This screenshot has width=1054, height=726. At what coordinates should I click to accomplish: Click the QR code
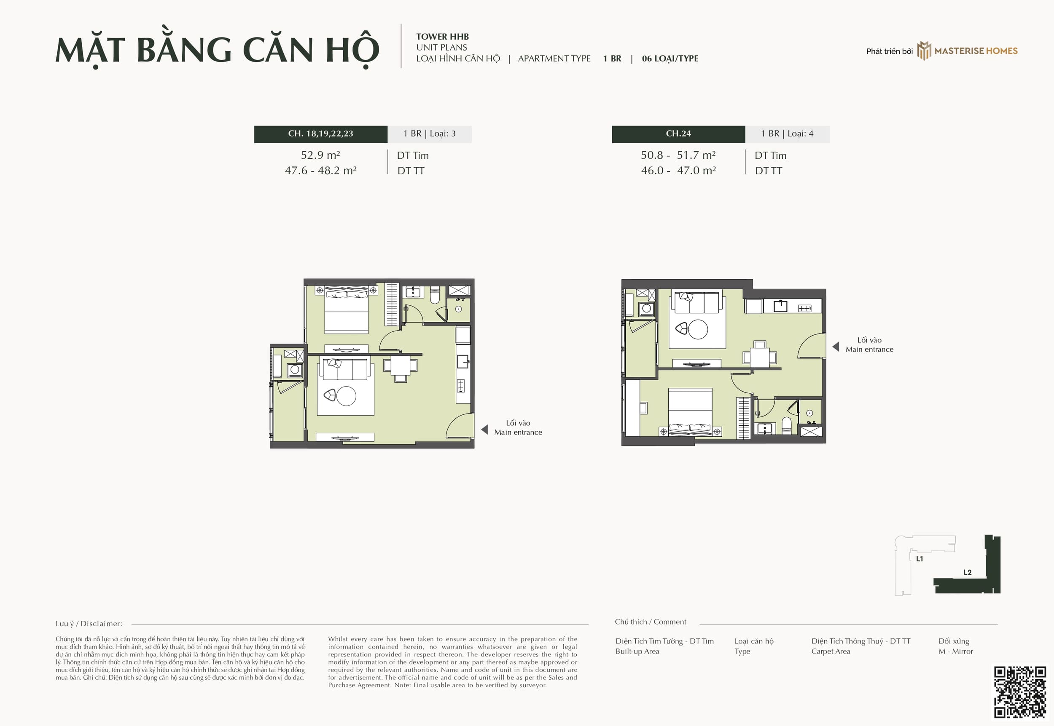click(1020, 692)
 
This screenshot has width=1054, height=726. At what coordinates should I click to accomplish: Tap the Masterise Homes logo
click(968, 51)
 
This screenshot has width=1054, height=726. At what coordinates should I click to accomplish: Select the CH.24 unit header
click(678, 134)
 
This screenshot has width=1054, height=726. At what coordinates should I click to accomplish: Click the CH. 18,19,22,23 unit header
click(320, 134)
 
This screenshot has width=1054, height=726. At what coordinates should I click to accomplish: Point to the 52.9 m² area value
click(320, 155)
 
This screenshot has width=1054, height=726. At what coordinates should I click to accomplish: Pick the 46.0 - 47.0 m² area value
click(678, 171)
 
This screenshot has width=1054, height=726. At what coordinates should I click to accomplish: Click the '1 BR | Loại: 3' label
click(429, 134)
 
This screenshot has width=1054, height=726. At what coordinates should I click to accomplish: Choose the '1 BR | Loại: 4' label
click(787, 134)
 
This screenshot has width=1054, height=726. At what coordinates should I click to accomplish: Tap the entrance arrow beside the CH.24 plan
click(836, 347)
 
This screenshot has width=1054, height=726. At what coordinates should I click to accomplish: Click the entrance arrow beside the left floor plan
click(484, 430)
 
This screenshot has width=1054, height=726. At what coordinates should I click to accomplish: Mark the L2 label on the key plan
click(968, 572)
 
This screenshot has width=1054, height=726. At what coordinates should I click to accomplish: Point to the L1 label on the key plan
click(919, 558)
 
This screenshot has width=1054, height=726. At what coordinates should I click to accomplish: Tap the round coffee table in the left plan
click(346, 396)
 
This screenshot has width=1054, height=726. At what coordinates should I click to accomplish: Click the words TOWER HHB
click(442, 36)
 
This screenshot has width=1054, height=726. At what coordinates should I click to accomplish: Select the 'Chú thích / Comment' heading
click(650, 622)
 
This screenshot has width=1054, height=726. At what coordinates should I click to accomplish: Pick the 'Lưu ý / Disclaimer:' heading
click(89, 624)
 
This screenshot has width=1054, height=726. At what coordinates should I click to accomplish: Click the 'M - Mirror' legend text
click(956, 651)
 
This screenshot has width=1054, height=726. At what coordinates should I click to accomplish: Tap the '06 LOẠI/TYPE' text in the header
click(670, 59)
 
